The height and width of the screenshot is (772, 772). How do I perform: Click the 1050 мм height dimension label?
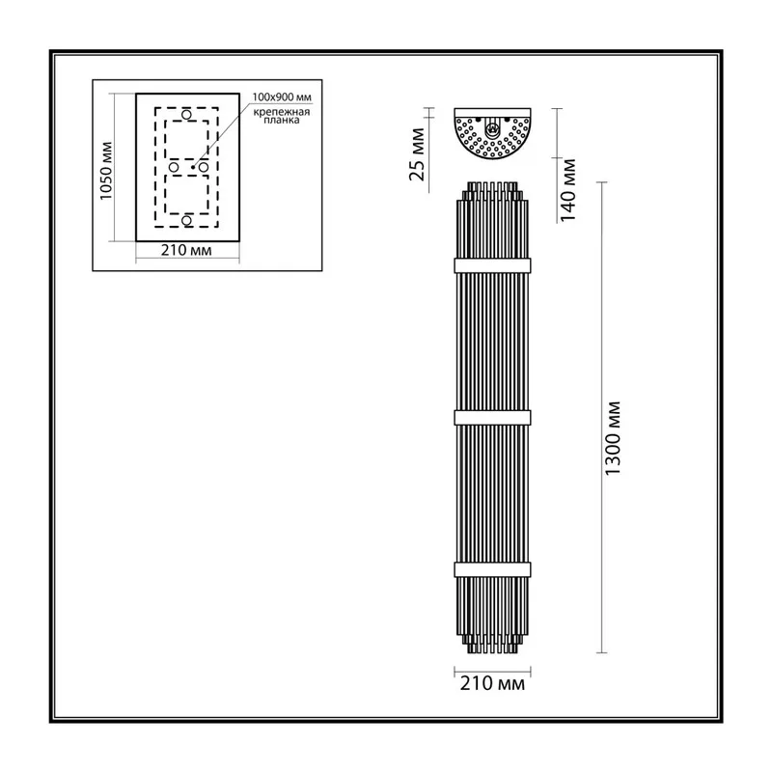pyautogui.click(x=106, y=171)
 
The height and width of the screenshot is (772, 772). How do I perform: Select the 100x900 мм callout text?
pyautogui.click(x=282, y=97)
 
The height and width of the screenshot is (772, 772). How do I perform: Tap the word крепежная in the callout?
pyautogui.click(x=282, y=112)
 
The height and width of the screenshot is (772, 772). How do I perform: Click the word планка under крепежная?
pyautogui.click(x=282, y=120)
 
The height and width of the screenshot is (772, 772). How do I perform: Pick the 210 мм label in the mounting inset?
pyautogui.click(x=186, y=250)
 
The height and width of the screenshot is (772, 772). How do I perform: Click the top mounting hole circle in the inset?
pyautogui.click(x=186, y=115)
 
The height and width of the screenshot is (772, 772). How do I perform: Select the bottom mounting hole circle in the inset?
pyautogui.click(x=186, y=220)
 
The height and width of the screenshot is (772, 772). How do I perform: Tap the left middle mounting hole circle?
pyautogui.click(x=174, y=167)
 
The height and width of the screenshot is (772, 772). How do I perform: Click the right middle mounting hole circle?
pyautogui.click(x=204, y=167)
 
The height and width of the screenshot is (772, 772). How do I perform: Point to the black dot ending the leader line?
pyautogui.click(x=192, y=167)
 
